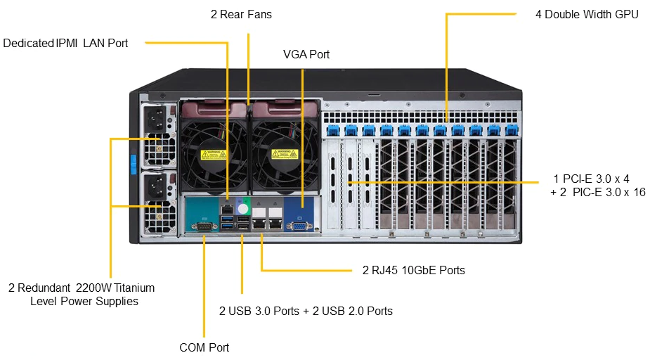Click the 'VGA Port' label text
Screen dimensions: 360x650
(x=306, y=54)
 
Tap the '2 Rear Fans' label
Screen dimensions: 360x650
(x=241, y=14)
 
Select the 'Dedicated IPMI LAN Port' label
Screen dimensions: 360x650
(x=65, y=43)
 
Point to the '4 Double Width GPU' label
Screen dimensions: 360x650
(x=587, y=14)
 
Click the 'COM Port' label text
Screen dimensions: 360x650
(x=204, y=347)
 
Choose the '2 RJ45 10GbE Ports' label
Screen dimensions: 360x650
(x=413, y=270)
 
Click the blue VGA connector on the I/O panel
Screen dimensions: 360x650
(x=299, y=226)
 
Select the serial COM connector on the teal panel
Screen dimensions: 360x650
(x=204, y=226)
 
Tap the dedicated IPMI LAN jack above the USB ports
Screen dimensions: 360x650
(x=228, y=208)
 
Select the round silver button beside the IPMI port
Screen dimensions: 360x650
(x=244, y=208)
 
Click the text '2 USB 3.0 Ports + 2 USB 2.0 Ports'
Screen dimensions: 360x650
(x=306, y=311)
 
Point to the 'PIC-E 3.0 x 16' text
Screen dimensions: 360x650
(x=609, y=192)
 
